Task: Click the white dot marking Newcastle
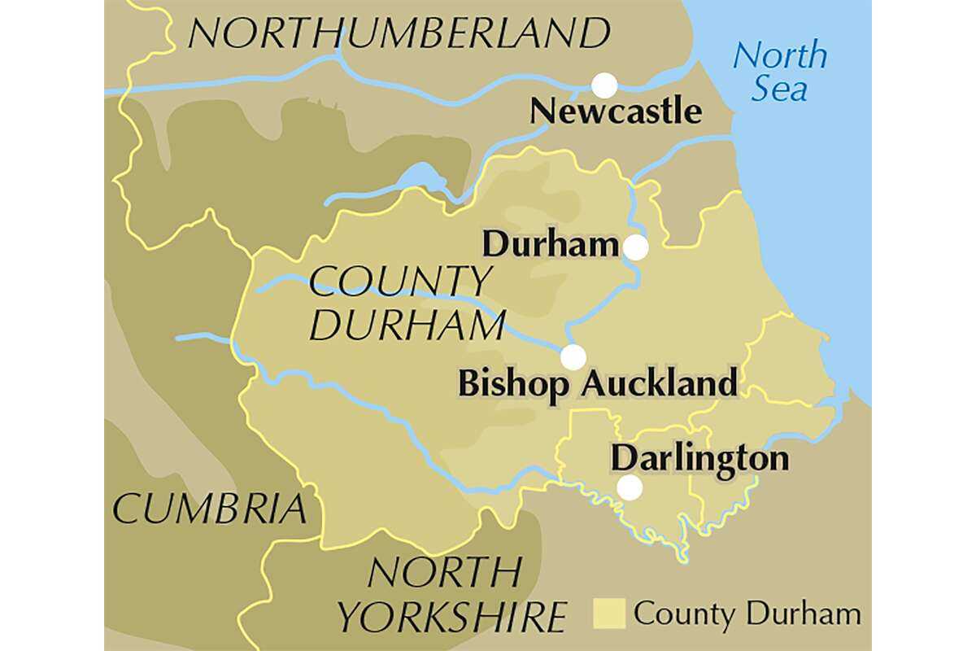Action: pos(603,85)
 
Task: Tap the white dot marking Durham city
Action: pos(636,247)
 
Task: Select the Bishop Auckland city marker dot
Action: pos(573,356)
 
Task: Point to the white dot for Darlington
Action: pos(629,487)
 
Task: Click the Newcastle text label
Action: pos(615,111)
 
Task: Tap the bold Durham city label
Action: pos(551,244)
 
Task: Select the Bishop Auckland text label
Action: pos(598,383)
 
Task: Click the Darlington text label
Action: pos(699,458)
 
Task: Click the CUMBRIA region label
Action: pos(211,509)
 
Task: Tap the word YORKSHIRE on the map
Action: pos(452,616)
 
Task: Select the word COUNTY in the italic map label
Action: pos(399,282)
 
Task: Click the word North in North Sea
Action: pos(780,56)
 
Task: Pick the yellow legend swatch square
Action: pos(609,613)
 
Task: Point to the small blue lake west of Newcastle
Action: pos(418,177)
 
